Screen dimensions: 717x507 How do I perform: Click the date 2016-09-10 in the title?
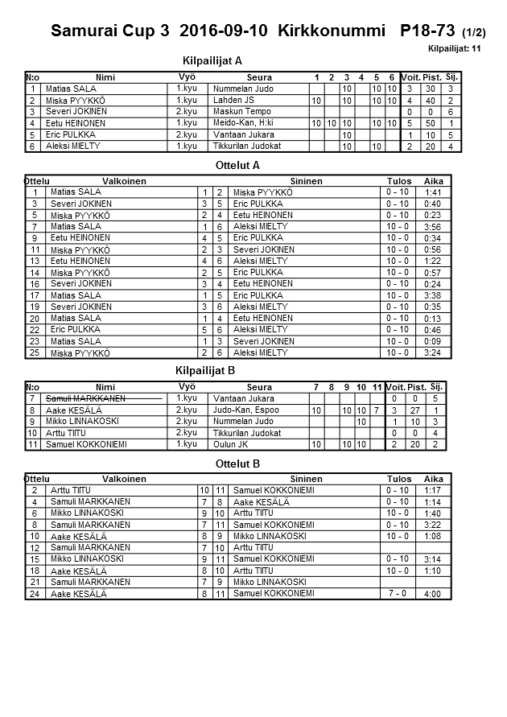point(226,32)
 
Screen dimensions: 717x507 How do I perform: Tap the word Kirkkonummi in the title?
point(334,32)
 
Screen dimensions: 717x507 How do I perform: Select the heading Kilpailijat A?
point(213,60)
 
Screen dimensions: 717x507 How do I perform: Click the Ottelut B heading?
point(238,464)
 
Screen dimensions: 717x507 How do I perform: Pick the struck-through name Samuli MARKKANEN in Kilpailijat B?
point(84,398)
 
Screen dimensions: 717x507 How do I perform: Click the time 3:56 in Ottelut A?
point(433,228)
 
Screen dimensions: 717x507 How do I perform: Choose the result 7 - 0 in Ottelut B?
point(398,593)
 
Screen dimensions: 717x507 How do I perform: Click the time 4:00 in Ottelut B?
point(433,594)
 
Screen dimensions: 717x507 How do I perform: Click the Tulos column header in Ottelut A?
point(398,181)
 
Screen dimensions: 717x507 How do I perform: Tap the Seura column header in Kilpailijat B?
point(259,387)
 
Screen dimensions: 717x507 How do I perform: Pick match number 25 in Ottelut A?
point(35,352)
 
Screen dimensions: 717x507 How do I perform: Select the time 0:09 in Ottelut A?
point(433,341)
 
